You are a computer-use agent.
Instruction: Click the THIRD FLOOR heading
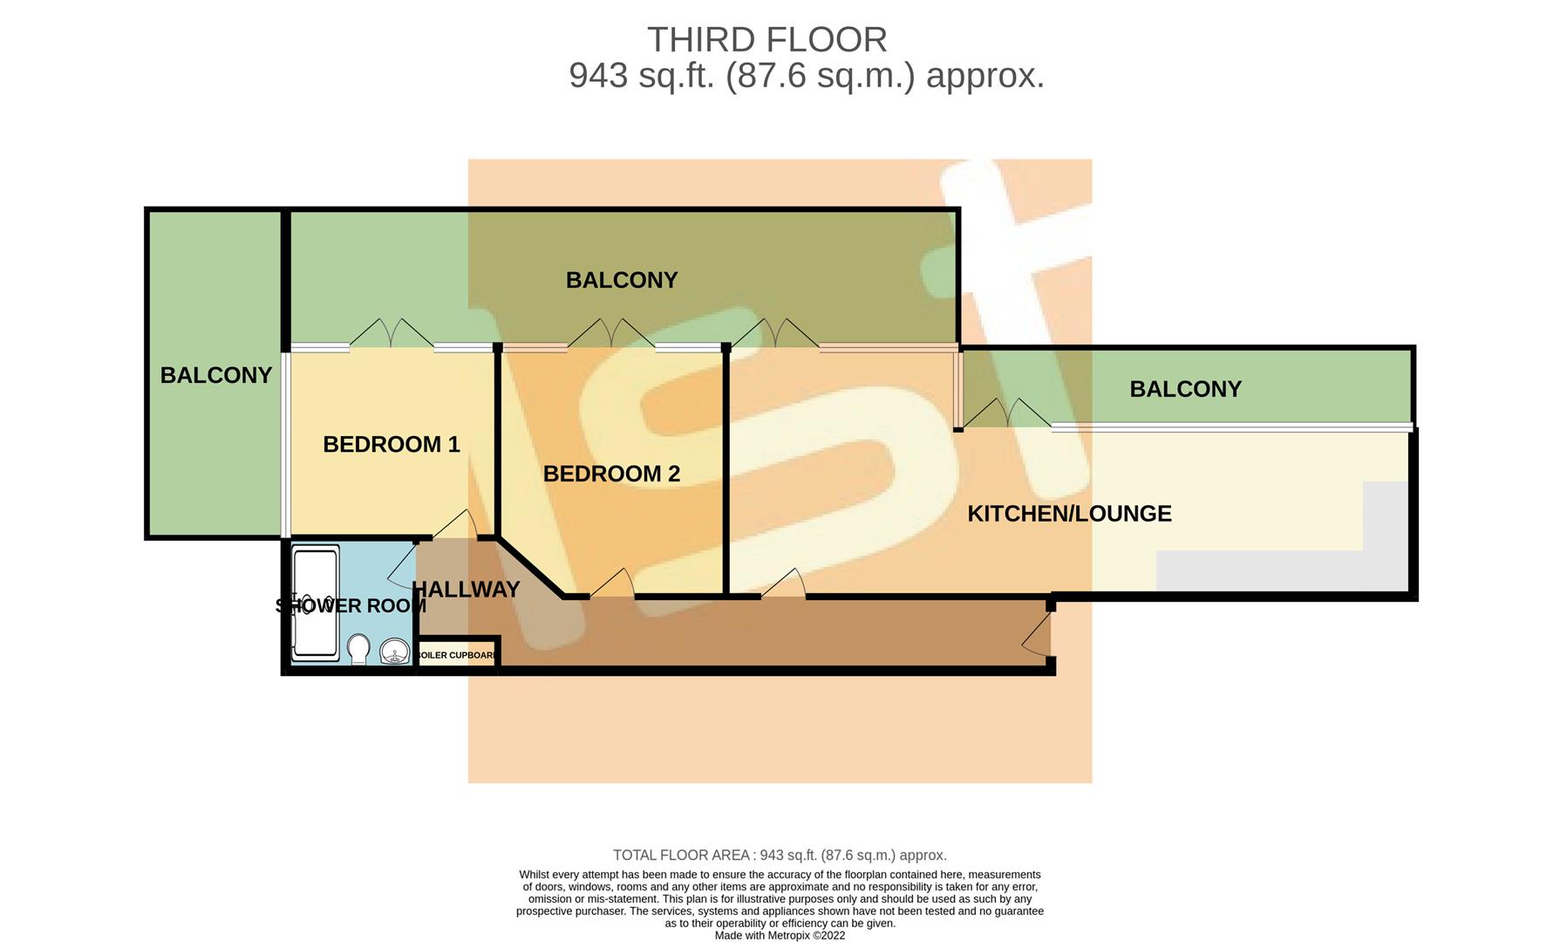pyautogui.click(x=766, y=40)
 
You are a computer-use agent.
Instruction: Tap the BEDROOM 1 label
pyautogui.click(x=391, y=444)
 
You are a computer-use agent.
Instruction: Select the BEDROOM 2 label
pyautogui.click(x=611, y=474)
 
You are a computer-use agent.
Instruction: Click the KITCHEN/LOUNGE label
pyautogui.click(x=1069, y=513)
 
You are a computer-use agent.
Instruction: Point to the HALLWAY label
pyautogui.click(x=466, y=590)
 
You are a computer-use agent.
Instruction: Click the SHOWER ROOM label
pyautogui.click(x=351, y=605)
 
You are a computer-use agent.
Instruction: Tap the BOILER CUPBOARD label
pyautogui.click(x=458, y=655)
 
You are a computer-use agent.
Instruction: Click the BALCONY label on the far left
pyautogui.click(x=215, y=375)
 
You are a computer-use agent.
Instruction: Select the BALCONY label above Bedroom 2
pyautogui.click(x=622, y=280)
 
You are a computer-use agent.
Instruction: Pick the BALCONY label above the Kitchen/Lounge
pyautogui.click(x=1185, y=389)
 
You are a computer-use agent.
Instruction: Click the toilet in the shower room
pyautogui.click(x=358, y=649)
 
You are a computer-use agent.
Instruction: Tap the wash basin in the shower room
pyautogui.click(x=395, y=651)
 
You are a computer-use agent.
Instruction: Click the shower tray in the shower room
pyautogui.click(x=315, y=602)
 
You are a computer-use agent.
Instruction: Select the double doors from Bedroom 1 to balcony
pyautogui.click(x=392, y=333)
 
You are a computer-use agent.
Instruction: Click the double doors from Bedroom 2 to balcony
pyautogui.click(x=611, y=333)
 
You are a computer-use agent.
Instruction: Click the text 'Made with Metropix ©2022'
pyautogui.click(x=780, y=935)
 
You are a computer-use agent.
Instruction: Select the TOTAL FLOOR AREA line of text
pyautogui.click(x=780, y=855)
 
